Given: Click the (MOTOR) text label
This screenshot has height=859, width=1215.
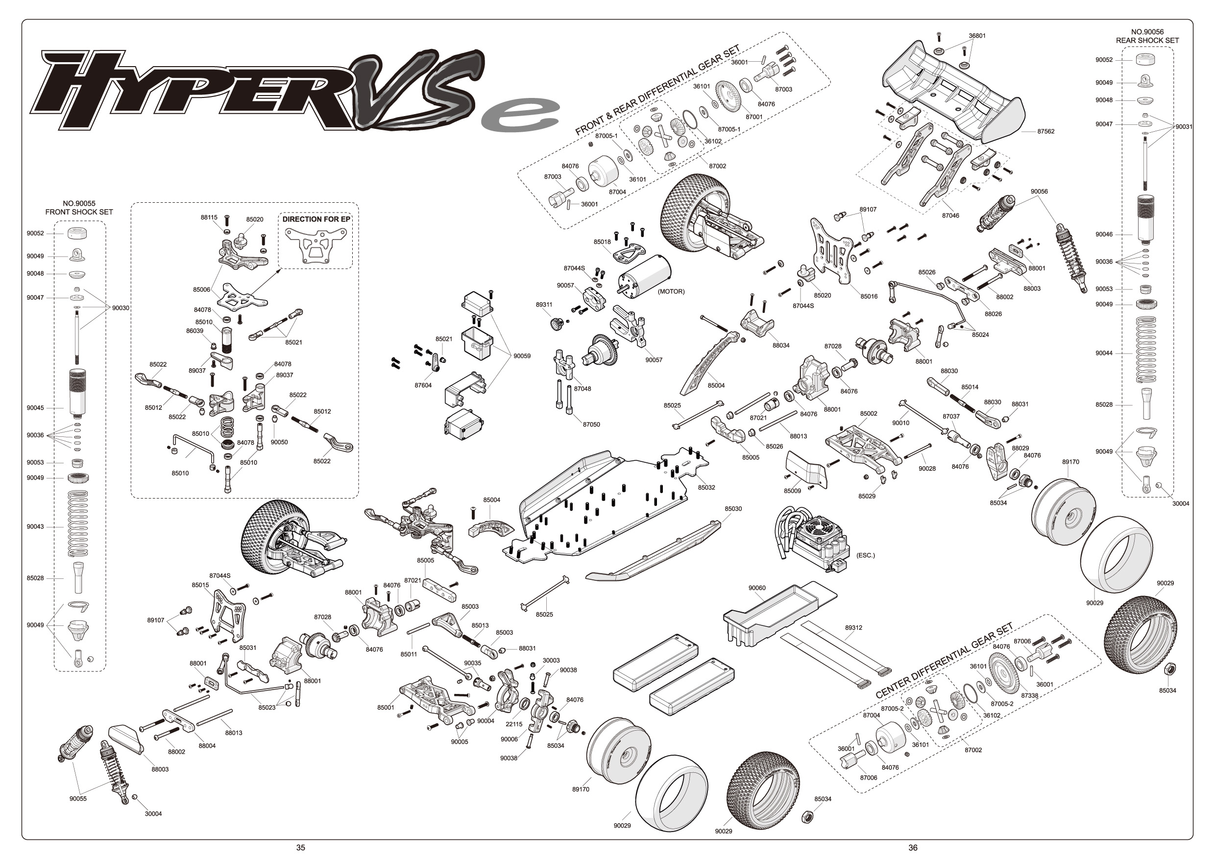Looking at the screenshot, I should (x=671, y=291).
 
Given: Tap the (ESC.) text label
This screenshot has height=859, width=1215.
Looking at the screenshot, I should (x=865, y=555).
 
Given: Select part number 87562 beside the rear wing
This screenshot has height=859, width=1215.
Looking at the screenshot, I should (x=1045, y=131).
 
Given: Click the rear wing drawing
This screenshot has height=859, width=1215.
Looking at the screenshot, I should (x=952, y=93).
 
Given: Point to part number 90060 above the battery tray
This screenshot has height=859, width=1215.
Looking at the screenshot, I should (x=757, y=588).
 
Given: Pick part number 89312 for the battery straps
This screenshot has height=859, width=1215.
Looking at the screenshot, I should (x=853, y=628).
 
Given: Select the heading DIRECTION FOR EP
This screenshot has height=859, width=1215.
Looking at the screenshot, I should (x=316, y=219).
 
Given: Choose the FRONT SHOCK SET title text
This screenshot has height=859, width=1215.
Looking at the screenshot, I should (x=79, y=212).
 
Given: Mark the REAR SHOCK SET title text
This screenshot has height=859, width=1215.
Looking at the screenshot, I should (x=1147, y=40).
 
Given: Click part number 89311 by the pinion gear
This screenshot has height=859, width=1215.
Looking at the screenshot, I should (x=544, y=305).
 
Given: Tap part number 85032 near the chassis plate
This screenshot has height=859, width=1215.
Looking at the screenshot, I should (x=706, y=487).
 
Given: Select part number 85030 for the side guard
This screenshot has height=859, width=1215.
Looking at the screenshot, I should (x=733, y=509).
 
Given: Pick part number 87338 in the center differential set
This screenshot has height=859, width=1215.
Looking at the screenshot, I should (x=1029, y=695).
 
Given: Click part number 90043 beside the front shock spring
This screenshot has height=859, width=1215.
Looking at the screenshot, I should (x=35, y=527).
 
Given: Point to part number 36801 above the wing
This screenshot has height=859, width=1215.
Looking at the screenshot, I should (x=977, y=36).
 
